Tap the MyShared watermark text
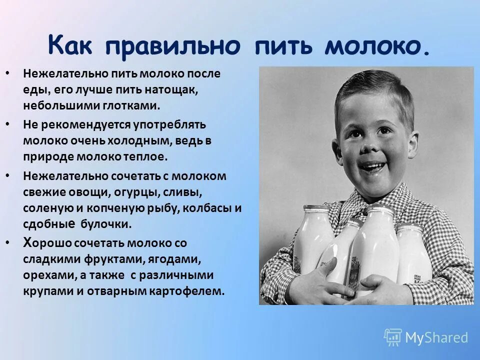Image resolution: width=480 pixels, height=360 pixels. coord(436,337)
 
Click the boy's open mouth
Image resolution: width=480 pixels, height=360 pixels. coord(373,166)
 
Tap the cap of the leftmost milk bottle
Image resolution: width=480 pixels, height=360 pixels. coord(316,208)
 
